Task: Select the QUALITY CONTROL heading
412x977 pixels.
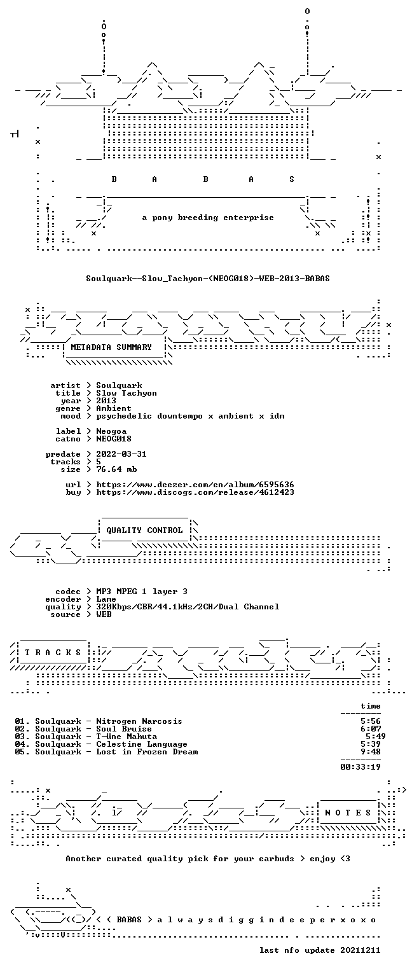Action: click(144, 530)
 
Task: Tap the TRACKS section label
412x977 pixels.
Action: click(53, 653)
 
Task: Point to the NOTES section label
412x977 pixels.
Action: click(348, 812)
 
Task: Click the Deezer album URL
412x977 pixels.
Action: click(195, 485)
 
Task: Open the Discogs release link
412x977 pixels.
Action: click(195, 492)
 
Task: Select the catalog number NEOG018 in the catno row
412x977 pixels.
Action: click(114, 439)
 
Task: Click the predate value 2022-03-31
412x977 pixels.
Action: click(121, 454)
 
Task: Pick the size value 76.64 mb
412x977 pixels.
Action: click(116, 469)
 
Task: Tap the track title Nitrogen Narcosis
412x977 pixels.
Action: click(139, 721)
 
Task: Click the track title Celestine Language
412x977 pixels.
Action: click(142, 744)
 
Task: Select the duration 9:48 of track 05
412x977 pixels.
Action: click(371, 752)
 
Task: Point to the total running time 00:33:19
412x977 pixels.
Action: click(360, 767)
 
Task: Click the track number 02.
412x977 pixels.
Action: click(22, 729)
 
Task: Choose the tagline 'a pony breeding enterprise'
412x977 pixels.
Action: click(208, 218)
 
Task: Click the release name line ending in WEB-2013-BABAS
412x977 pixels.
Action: click(207, 278)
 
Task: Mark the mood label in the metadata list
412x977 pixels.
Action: click(71, 416)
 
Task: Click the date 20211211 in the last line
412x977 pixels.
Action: click(360, 950)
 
